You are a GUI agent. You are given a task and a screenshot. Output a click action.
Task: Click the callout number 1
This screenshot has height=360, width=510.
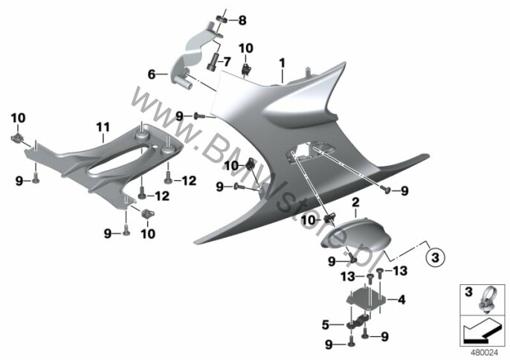[x=282, y=62]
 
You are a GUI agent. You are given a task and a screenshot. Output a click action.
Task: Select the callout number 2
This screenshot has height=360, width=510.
[x=356, y=202]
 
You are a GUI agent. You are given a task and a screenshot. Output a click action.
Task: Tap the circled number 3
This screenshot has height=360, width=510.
[x=435, y=257]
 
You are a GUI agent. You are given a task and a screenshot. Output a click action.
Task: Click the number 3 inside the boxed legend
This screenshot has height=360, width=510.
[x=468, y=292]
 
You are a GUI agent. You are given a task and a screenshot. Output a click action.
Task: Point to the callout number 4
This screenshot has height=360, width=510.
[x=402, y=300]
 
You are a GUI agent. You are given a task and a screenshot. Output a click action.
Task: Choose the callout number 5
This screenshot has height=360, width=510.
[x=326, y=325]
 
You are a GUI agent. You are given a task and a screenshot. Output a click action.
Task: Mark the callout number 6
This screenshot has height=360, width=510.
[x=152, y=74]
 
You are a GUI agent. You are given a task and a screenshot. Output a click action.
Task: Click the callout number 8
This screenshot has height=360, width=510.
[x=242, y=20]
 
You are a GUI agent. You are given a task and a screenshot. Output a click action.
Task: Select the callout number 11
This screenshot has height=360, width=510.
[x=103, y=127]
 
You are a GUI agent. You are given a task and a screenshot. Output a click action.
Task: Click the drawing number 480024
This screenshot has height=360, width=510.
[x=485, y=352]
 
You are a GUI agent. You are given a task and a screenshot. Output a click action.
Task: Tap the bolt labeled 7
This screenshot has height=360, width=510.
[x=213, y=61]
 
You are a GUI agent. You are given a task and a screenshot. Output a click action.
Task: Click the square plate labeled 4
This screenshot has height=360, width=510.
[x=366, y=298]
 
